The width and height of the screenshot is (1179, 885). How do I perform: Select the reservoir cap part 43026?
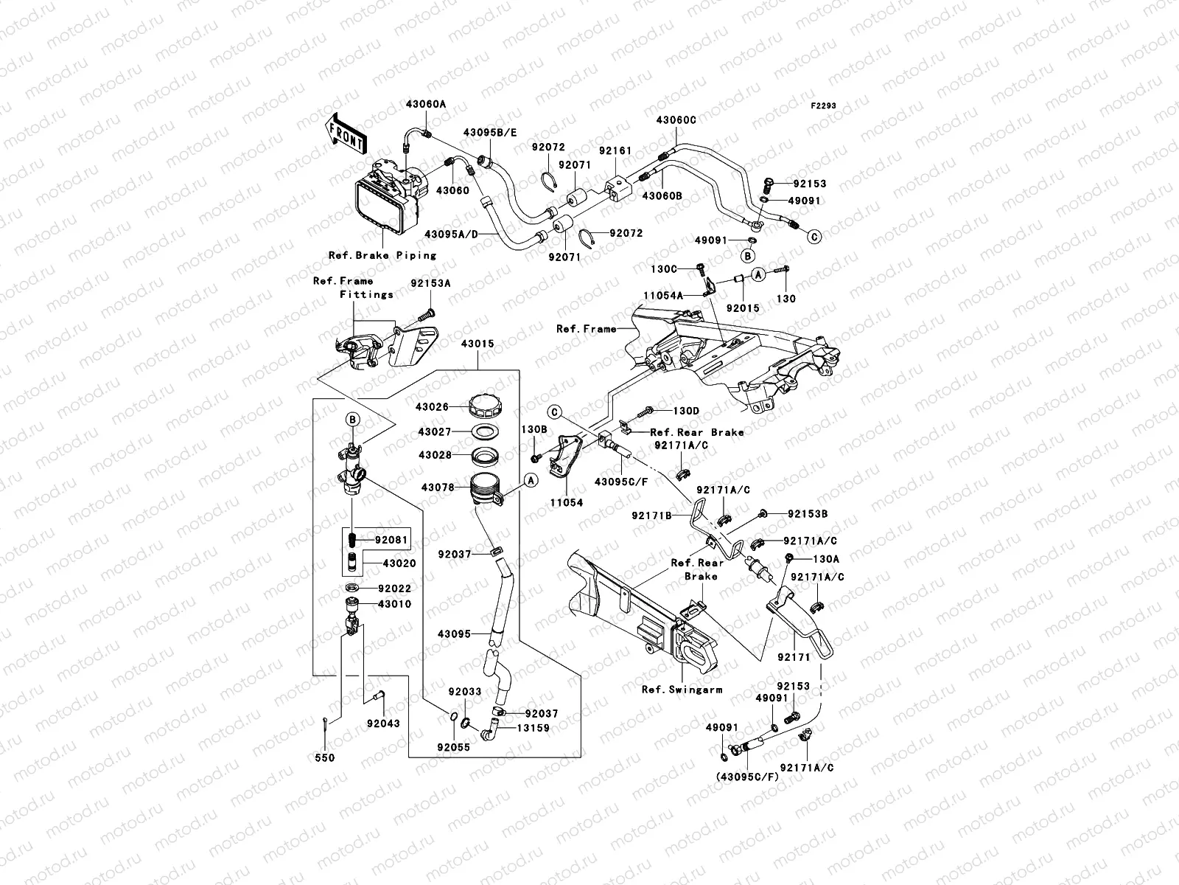tap(487, 404)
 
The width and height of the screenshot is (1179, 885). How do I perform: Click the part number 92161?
tap(615, 150)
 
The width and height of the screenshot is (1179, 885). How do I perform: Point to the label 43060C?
tap(676, 119)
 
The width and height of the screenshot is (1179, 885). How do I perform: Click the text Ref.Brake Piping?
tap(382, 255)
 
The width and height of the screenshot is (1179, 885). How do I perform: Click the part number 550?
tap(325, 757)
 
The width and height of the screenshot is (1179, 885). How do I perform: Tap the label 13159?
tap(533, 728)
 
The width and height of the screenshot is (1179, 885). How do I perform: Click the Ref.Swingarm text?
tap(682, 690)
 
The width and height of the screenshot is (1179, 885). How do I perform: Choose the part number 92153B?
tap(808, 514)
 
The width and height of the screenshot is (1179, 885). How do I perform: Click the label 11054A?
tap(663, 294)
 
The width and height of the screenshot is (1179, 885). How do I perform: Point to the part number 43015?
tap(477, 344)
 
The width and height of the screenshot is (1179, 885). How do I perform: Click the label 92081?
tap(391, 540)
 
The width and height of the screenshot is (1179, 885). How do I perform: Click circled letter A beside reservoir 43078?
tap(529, 479)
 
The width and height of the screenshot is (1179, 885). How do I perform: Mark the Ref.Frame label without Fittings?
tap(586, 329)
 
